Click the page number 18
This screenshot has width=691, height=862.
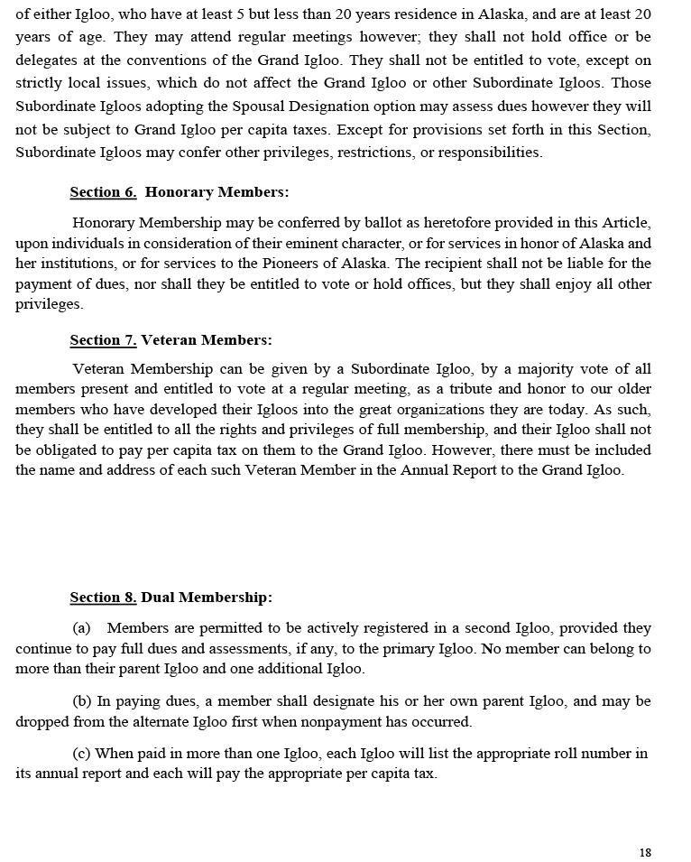(x=644, y=852)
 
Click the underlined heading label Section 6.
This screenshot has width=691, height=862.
(x=103, y=192)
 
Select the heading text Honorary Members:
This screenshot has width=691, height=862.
(x=217, y=192)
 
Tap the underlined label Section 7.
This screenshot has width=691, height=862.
(x=103, y=340)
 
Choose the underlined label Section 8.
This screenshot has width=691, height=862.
(x=103, y=598)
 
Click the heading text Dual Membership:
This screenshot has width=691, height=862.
(x=207, y=598)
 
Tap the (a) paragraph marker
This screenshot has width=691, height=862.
(x=81, y=628)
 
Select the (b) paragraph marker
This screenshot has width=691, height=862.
(x=81, y=701)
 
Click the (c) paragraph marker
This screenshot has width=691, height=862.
(x=81, y=754)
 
